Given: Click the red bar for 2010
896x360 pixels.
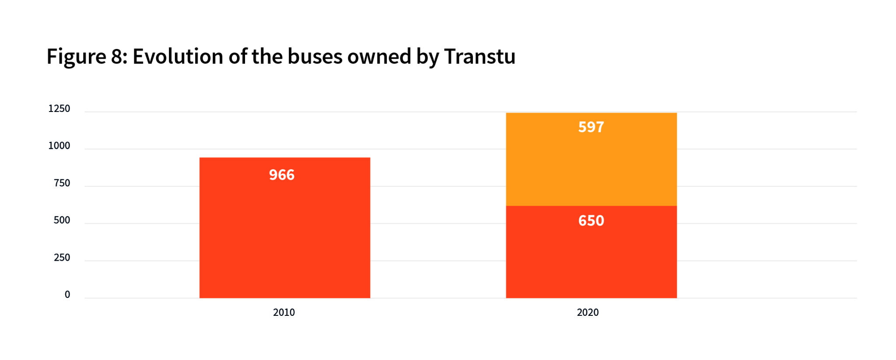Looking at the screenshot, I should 284,236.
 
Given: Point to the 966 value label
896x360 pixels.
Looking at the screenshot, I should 282,175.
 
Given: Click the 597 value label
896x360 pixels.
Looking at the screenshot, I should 591,127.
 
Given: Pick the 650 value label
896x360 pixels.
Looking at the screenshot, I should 591,220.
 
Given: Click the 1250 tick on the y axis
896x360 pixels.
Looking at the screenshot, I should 59,108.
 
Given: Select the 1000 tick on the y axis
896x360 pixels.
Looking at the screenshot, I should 59,146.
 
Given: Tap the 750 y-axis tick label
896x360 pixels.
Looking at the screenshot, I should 62,183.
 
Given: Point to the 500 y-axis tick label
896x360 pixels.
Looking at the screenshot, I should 62,220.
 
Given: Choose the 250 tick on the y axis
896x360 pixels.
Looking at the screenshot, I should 62,257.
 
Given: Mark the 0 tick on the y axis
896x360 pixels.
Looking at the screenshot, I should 67,294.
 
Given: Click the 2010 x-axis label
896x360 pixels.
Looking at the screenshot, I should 284,312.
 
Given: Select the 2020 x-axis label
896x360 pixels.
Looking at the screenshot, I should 588,312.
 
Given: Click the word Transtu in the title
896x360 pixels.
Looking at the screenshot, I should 479,56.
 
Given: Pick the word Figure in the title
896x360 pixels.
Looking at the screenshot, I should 76,57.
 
